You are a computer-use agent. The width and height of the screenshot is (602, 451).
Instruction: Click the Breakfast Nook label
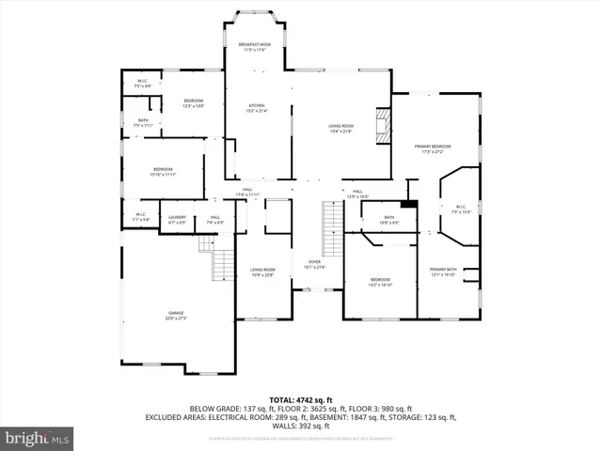pos(253,48)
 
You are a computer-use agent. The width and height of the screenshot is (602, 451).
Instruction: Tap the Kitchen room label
pos(257,108)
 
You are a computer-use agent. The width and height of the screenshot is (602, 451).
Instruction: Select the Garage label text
pos(177,316)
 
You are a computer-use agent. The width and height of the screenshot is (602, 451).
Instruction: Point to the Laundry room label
pos(177,220)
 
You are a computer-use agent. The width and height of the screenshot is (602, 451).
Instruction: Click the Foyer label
pos(314,264)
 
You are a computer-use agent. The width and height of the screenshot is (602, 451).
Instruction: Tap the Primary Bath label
pos(443,272)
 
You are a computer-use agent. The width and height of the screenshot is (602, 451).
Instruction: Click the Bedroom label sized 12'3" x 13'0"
pos(193,102)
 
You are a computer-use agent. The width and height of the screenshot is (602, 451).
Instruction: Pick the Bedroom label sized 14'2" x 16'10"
pos(380,282)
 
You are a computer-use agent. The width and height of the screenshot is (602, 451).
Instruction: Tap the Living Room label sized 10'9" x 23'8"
pos(262,272)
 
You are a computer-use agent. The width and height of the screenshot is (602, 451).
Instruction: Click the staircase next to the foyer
pos(332,229)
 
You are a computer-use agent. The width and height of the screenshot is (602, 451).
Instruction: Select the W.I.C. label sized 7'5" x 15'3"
pos(461,209)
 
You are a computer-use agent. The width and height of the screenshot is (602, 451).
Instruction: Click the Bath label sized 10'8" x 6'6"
pos(389,220)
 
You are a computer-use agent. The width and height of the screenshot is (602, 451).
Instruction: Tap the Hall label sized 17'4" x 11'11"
pos(250,192)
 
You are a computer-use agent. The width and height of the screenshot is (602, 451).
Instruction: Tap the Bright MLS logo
pos(38,439)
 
